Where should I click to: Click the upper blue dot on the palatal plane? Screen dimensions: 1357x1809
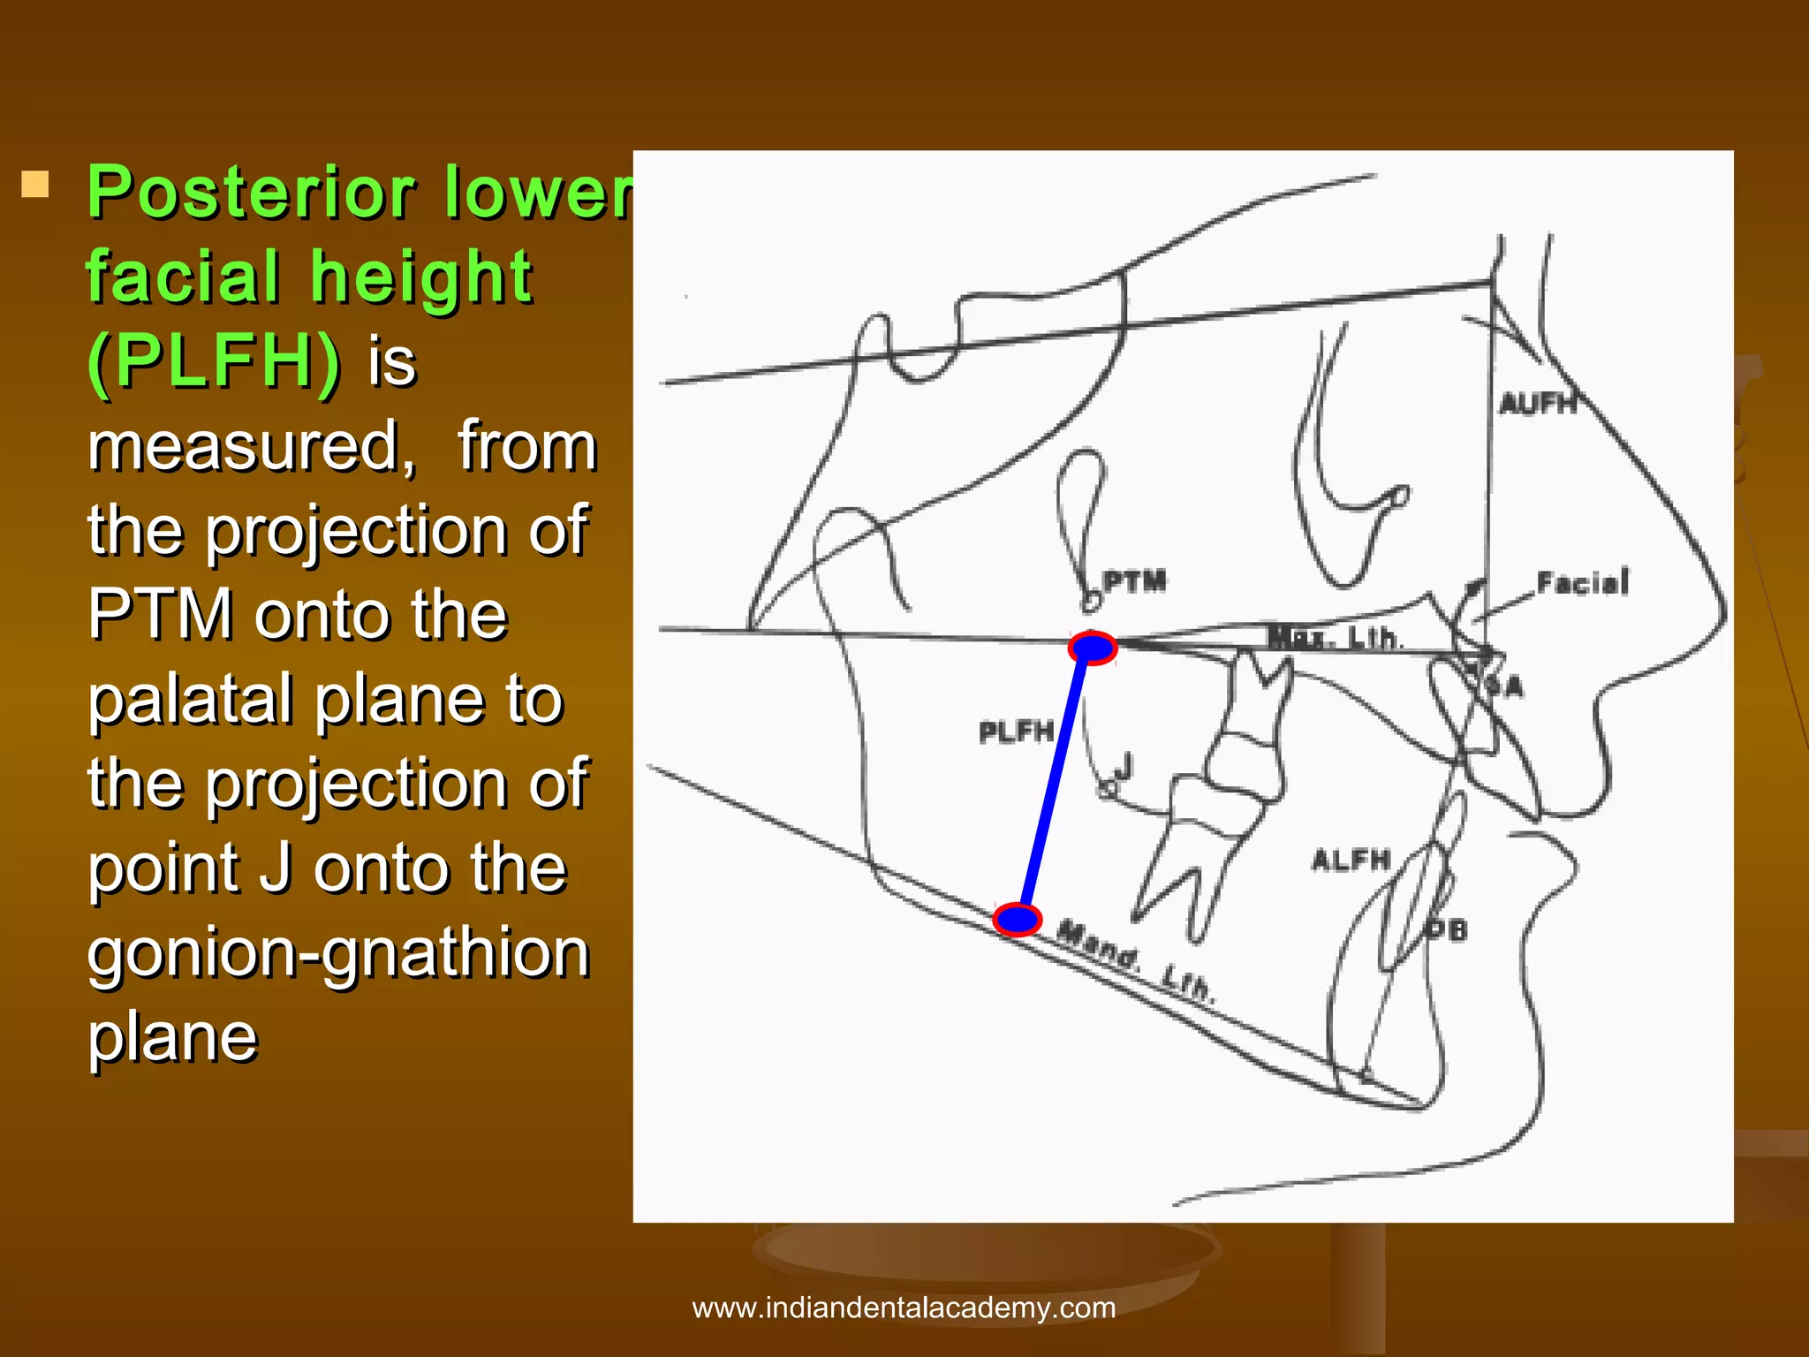tap(1093, 648)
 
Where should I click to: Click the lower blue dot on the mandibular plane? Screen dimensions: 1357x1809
tap(1017, 919)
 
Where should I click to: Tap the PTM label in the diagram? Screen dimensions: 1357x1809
tap(1135, 581)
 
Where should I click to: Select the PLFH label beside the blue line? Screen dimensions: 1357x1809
tap(1016, 732)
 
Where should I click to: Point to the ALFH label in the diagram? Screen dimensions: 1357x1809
tap(1351, 860)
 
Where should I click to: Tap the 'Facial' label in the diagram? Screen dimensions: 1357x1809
tap(1582, 583)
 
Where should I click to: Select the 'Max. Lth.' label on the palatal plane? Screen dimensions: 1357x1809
tap(1334, 637)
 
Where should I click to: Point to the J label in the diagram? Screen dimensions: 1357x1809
tap(1123, 765)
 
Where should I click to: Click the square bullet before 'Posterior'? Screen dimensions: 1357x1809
tap(35, 185)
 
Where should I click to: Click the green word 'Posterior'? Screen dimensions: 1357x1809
tap(251, 192)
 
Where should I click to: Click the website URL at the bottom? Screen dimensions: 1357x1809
tap(904, 1308)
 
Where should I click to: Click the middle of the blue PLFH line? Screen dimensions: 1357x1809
tap(1055, 784)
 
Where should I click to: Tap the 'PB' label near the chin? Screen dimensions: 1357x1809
tap(1446, 929)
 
